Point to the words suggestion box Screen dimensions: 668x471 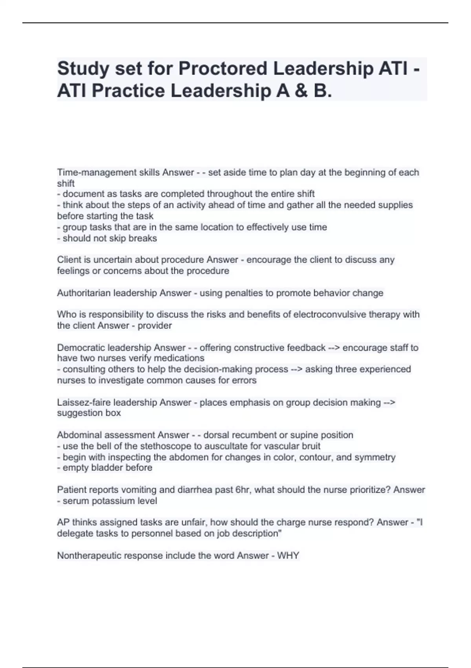[89, 413]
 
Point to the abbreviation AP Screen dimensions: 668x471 [63, 523]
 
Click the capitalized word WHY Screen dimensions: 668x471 [288, 556]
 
